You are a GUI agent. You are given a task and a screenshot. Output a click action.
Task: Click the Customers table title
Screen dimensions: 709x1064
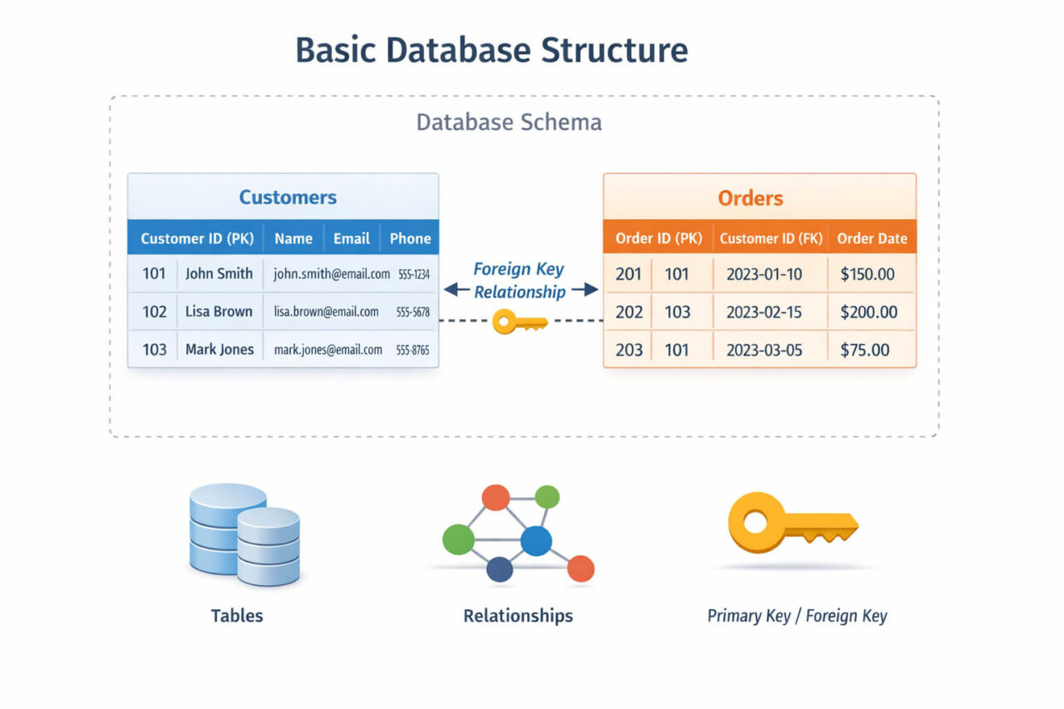[x=288, y=197]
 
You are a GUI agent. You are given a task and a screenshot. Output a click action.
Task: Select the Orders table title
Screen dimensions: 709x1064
[x=750, y=199]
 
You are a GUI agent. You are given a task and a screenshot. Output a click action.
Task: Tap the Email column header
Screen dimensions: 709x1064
[x=351, y=239]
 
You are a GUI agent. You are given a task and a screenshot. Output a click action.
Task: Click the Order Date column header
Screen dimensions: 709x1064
[x=871, y=239]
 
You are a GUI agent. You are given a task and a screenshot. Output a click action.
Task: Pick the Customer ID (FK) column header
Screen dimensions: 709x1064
[x=771, y=239]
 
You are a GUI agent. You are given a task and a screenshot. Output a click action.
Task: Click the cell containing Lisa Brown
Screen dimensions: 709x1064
[x=219, y=312]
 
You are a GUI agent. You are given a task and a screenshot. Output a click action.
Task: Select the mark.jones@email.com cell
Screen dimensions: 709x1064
[x=328, y=350]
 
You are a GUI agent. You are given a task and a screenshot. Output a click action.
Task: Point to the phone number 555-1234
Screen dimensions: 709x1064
[x=413, y=273]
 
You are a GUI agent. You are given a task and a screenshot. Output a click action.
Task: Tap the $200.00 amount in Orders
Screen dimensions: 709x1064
[x=869, y=313]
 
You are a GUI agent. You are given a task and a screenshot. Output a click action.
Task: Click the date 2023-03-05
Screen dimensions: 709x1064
[x=764, y=350]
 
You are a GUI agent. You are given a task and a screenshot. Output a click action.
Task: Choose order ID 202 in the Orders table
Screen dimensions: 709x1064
[x=629, y=313]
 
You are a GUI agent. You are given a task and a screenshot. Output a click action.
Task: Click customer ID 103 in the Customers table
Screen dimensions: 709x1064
[x=154, y=350]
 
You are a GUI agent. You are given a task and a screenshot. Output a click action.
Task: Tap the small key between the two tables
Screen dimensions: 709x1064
[x=519, y=322]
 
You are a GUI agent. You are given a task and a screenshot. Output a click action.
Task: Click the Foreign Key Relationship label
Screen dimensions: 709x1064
[x=520, y=280]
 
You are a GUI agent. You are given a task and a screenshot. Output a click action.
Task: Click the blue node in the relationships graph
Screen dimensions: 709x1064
[x=536, y=541]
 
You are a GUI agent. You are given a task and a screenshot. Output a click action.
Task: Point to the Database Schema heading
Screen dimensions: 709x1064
[x=509, y=123]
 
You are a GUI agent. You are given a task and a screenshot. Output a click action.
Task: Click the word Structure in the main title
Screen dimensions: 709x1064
[x=614, y=50]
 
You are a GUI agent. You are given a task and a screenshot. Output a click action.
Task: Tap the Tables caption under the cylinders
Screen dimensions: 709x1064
[x=237, y=616]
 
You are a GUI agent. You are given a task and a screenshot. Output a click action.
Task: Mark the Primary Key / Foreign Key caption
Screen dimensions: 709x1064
[x=796, y=616]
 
